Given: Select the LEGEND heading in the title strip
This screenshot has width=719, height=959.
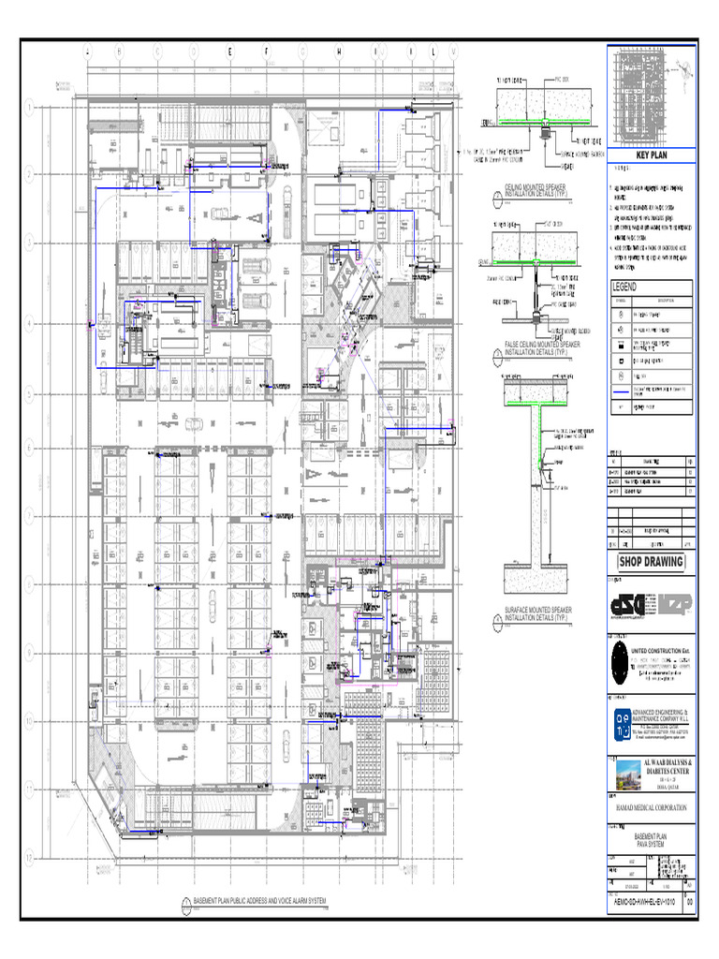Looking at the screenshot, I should click(x=624, y=287).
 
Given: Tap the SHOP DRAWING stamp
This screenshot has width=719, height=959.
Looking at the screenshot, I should click(x=651, y=562).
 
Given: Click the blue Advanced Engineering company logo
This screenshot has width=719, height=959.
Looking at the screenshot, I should click(x=624, y=721).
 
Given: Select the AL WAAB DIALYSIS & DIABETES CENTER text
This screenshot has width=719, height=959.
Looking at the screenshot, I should click(x=668, y=769).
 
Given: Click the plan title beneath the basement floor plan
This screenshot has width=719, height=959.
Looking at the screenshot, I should click(x=258, y=902).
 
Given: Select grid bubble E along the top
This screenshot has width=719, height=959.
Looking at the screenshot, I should click(x=230, y=52).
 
